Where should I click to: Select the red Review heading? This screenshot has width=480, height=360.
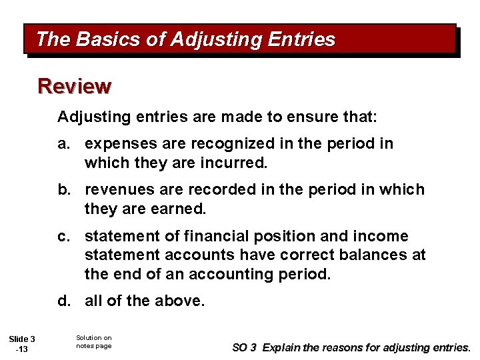[x=75, y=86]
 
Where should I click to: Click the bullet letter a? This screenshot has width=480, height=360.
[x=63, y=144]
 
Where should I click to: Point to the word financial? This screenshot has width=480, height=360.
[x=217, y=237]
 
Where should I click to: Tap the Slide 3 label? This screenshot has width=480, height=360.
[x=23, y=339]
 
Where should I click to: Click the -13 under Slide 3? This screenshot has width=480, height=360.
[x=23, y=350]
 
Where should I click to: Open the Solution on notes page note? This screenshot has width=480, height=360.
[x=94, y=342]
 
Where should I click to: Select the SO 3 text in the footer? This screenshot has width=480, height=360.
[x=245, y=347]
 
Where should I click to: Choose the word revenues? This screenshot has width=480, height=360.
[x=117, y=190]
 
